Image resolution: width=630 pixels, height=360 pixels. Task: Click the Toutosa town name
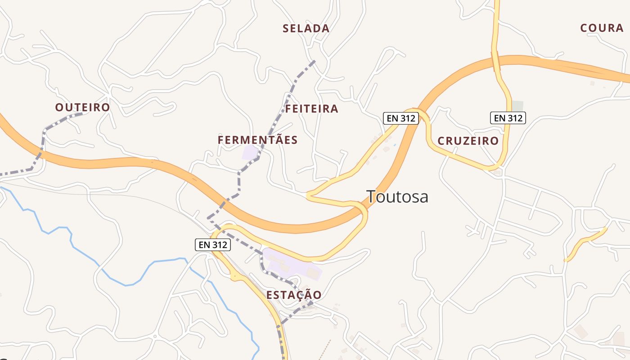coord(397,197)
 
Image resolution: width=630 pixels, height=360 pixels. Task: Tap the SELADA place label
coord(306,28)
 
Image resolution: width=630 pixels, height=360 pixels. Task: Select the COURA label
coord(602,28)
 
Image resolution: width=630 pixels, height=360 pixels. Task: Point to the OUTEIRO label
coord(82,107)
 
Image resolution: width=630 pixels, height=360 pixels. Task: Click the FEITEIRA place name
coord(311,109)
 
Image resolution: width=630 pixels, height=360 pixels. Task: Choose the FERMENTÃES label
coord(257,140)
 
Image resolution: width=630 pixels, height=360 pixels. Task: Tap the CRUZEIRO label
coord(468,141)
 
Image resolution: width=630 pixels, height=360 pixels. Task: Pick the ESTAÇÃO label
coord(294,295)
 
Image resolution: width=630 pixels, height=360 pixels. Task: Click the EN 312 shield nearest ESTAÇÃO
coord(213,245)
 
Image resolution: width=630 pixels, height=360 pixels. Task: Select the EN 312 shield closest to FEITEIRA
coord(401,118)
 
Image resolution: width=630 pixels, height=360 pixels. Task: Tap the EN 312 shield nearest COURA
coord(508,118)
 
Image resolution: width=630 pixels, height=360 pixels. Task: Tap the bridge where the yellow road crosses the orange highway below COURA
coord(496,61)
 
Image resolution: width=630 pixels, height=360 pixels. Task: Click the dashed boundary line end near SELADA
coord(314,61)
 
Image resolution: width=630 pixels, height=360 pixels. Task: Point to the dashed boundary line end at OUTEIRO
coord(82,114)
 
